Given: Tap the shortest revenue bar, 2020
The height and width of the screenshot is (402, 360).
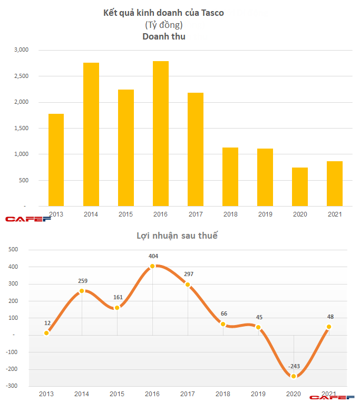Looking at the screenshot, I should click(300, 187).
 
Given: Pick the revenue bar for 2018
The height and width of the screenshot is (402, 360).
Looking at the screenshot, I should click(230, 177).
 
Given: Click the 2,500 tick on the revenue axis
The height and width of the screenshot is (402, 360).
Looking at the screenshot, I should click(23, 76).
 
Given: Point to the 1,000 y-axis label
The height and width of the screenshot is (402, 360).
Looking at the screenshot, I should click(23, 154).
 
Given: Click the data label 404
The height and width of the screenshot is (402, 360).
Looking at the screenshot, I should click(153, 257).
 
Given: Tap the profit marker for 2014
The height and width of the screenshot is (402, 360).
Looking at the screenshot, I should click(82, 291).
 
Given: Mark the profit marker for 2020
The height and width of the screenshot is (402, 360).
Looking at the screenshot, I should click(293, 376).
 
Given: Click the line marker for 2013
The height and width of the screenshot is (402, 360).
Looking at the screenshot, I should click(47, 333).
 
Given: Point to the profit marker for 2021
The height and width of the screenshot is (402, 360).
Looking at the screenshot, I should click(328, 327).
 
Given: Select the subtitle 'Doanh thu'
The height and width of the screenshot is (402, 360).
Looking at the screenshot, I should click(163, 36).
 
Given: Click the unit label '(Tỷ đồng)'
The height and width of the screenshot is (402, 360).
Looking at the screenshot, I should click(163, 25).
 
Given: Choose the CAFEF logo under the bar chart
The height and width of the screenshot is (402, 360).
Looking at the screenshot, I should click(21, 218).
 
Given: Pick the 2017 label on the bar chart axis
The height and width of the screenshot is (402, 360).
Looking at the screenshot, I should click(195, 214).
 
